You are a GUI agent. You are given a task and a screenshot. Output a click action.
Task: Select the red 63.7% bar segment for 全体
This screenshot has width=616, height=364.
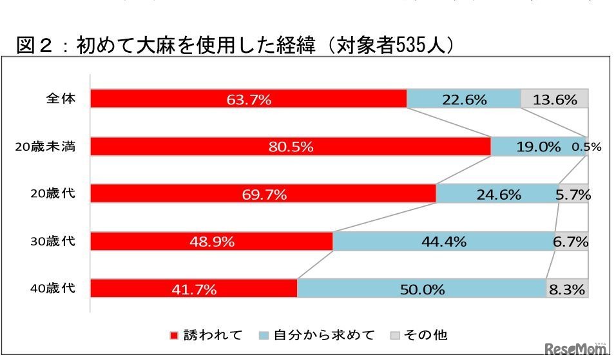pyautogui.click(x=248, y=99)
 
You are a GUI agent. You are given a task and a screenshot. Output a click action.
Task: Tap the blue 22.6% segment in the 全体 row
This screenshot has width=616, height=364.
pyautogui.click(x=463, y=99)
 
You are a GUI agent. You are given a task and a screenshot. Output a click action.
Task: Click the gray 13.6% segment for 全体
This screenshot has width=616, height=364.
pyautogui.click(x=554, y=99)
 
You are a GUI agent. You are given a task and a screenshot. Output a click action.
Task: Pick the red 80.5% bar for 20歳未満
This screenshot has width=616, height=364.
pyautogui.click(x=290, y=147)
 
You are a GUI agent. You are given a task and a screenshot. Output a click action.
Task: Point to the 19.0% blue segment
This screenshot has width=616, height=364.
pyautogui.click(x=538, y=147)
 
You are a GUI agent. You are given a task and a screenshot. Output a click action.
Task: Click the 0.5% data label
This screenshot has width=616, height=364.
pyautogui.click(x=586, y=147)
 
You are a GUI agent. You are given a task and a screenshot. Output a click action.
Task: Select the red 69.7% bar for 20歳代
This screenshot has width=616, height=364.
pyautogui.click(x=263, y=194)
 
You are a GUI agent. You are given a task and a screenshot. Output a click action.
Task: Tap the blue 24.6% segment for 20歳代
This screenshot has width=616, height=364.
pyautogui.click(x=497, y=194)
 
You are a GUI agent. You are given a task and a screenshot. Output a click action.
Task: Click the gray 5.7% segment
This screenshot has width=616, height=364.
pyautogui.click(x=573, y=194)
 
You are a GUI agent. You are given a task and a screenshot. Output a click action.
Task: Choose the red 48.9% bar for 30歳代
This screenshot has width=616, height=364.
pyautogui.click(x=211, y=242)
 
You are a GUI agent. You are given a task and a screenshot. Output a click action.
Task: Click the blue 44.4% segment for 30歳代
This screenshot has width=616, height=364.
pyautogui.click(x=443, y=242)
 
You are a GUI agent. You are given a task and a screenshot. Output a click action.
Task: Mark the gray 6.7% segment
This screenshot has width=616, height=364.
pyautogui.click(x=572, y=242)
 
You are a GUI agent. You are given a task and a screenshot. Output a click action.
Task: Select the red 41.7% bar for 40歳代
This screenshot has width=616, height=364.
pyautogui.click(x=193, y=289)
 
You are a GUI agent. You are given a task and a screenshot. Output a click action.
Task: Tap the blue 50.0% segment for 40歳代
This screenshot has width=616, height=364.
pyautogui.click(x=421, y=289)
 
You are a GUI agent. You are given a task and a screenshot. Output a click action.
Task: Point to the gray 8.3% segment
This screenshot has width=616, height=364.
pyautogui.click(x=567, y=289)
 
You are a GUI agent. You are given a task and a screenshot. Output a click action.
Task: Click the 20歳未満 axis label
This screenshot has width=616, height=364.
pyautogui.click(x=46, y=147)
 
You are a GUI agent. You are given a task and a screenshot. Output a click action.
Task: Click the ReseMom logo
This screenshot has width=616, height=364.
pyautogui.click(x=576, y=350)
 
